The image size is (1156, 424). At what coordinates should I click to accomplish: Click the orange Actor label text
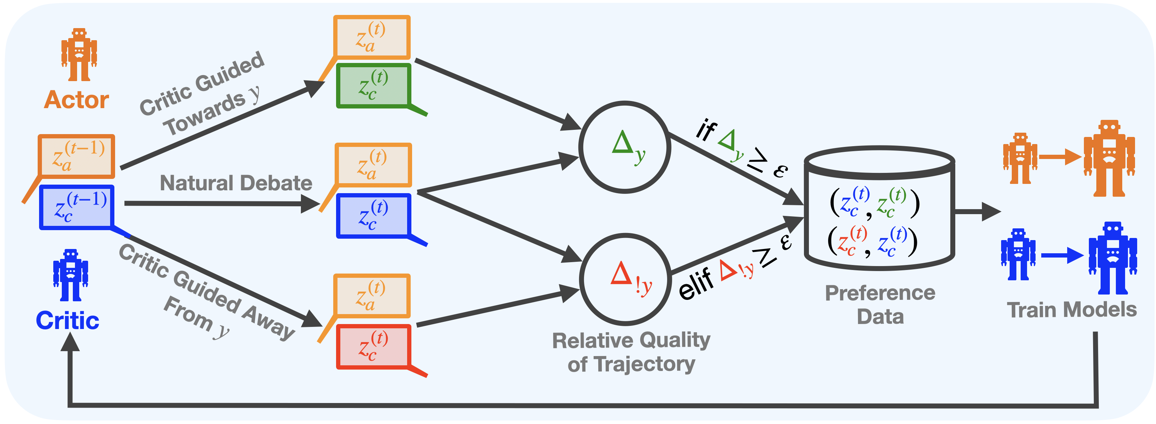[76, 100]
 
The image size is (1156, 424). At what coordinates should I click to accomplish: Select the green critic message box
[373, 85]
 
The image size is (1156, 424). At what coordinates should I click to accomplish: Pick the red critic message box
[373, 347]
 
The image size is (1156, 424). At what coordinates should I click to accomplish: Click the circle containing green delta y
[624, 147]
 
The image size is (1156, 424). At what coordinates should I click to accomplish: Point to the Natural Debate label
[236, 183]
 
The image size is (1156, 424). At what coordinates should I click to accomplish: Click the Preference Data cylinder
[879, 209]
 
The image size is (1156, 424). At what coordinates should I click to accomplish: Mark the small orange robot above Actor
[79, 54]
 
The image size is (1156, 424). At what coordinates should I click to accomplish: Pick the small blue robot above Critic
[70, 275]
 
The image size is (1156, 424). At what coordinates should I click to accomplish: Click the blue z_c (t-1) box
[76, 207]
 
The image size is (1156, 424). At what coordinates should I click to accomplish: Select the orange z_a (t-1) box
[77, 156]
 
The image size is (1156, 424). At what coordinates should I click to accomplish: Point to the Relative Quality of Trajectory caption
[631, 352]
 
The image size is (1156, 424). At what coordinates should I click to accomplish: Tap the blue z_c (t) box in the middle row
[373, 216]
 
